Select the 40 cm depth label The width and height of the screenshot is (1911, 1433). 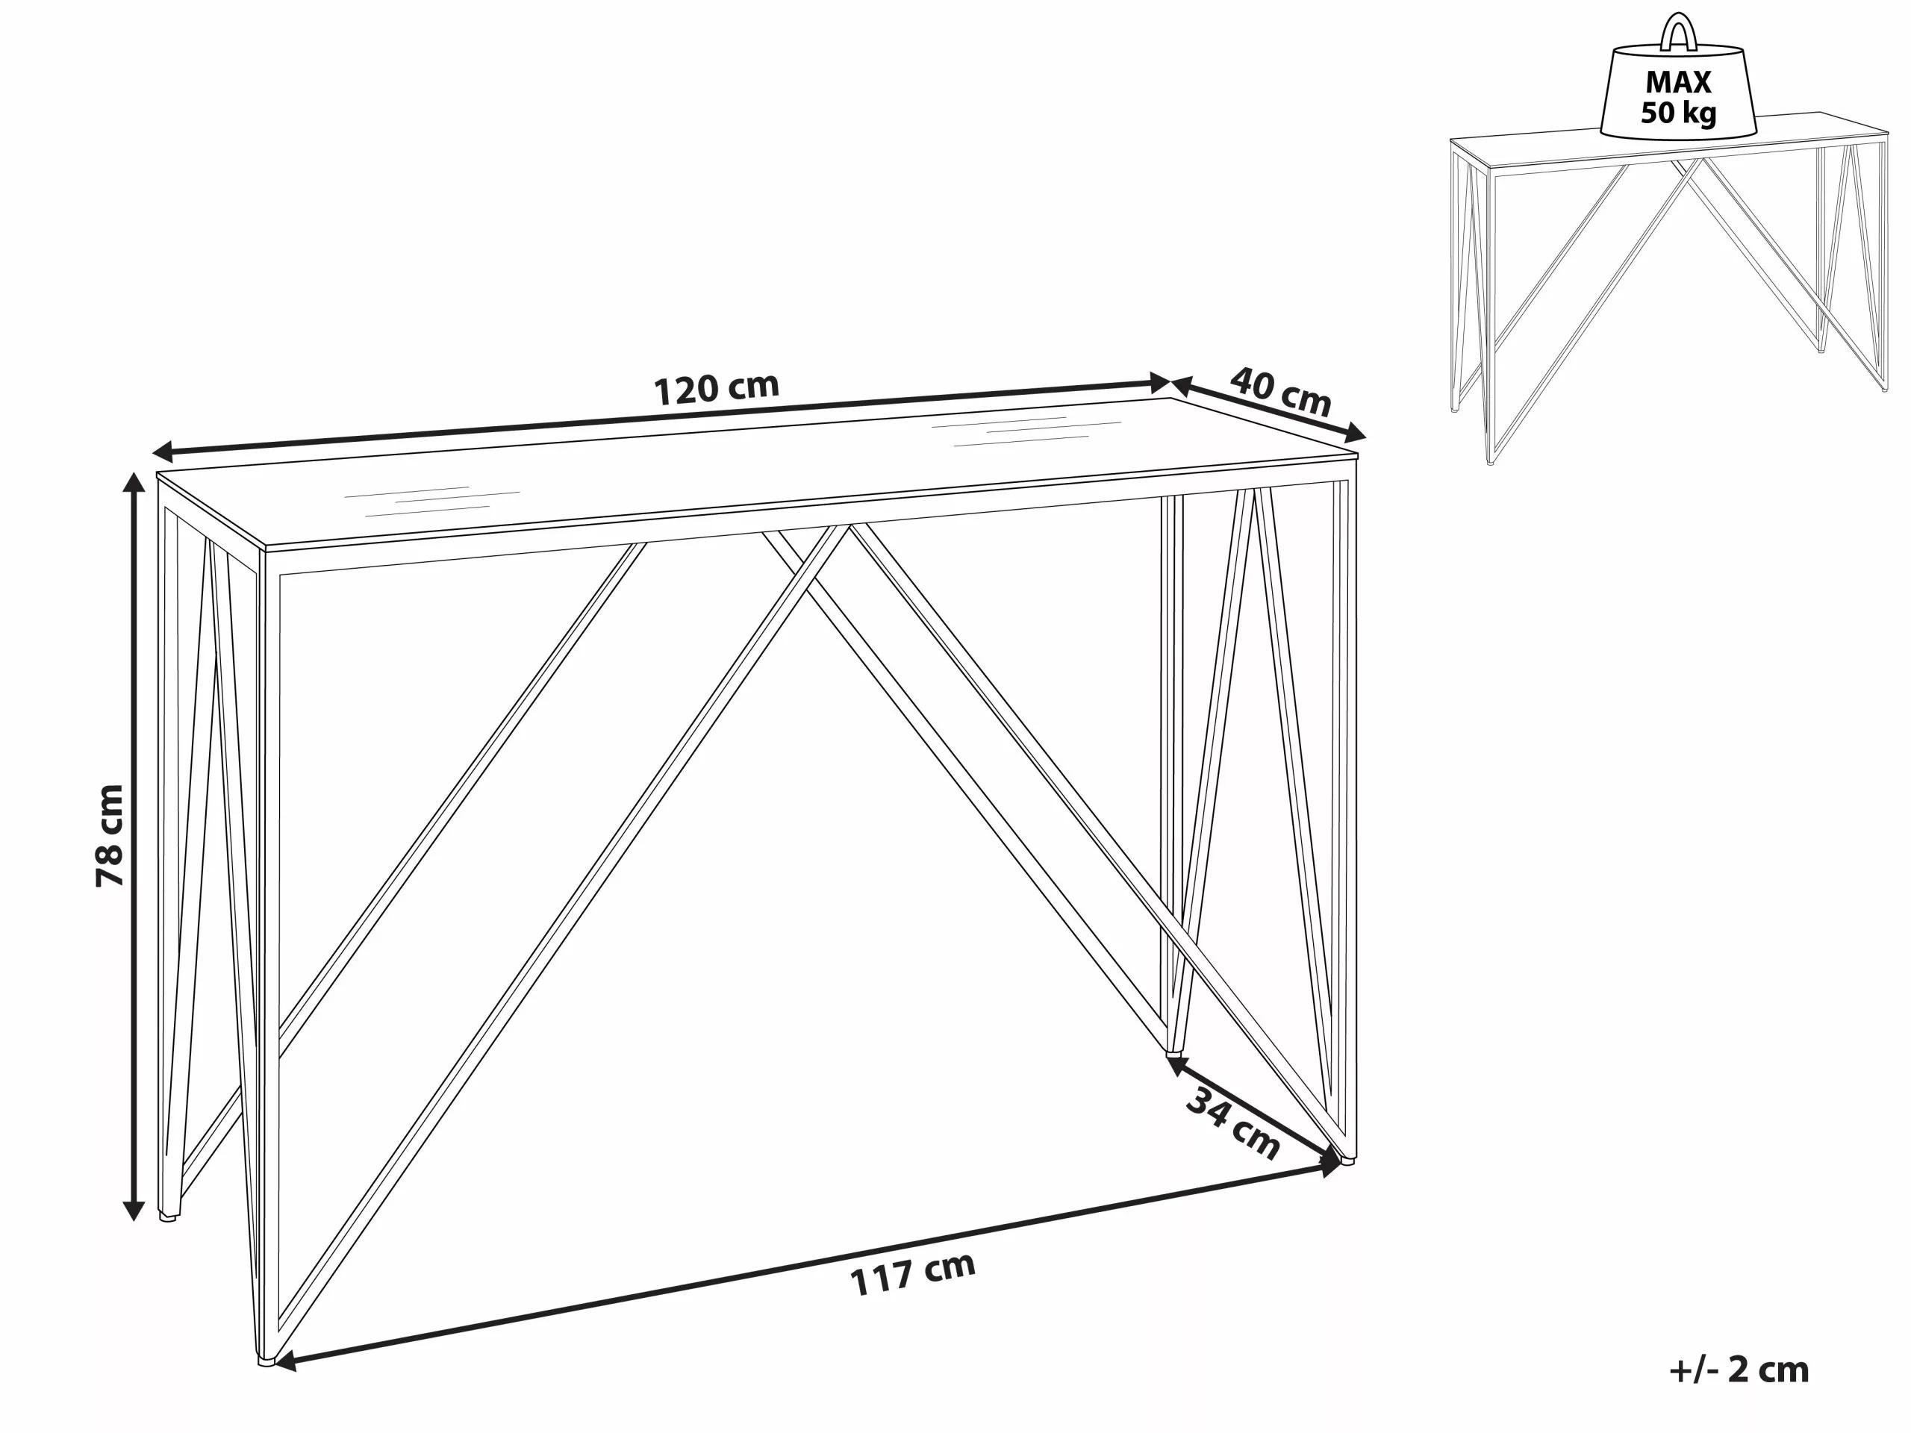pyautogui.click(x=1279, y=391)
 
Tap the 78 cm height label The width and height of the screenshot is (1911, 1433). pyautogui.click(x=110, y=835)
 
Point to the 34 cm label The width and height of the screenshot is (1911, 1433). pyautogui.click(x=1233, y=1124)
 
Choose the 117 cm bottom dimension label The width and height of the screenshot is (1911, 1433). pyautogui.click(x=912, y=1273)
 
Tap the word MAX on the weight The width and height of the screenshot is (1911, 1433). pyautogui.click(x=1678, y=82)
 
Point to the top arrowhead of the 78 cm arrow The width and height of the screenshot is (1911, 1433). pyautogui.click(x=133, y=480)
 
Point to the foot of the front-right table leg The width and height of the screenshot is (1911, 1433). pyautogui.click(x=1346, y=1160)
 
